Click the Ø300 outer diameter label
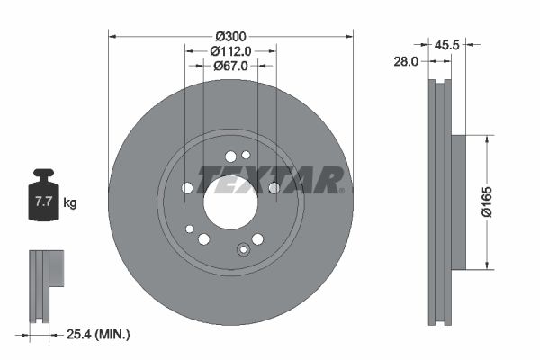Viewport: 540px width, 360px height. (230, 37)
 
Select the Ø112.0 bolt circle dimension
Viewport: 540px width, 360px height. (230, 51)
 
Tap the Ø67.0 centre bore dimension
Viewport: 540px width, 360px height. (230, 66)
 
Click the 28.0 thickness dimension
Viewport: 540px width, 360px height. (407, 62)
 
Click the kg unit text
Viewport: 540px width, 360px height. (70, 203)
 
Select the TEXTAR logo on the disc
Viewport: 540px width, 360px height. (270, 179)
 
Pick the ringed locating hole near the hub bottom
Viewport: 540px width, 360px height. (241, 250)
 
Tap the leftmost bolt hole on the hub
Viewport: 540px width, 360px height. (187, 188)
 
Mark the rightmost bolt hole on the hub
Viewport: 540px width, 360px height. (274, 187)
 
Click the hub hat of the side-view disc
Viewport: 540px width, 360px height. (458, 202)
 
